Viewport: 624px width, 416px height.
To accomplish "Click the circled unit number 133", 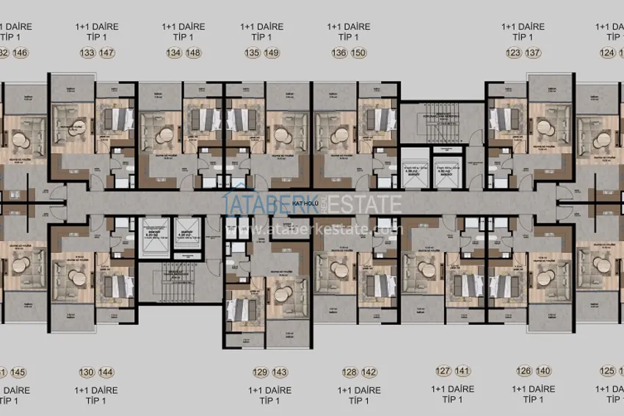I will click(x=87, y=53).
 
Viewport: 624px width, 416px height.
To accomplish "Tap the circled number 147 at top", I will click(x=107, y=53).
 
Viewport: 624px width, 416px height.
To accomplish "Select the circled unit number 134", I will click(x=173, y=53).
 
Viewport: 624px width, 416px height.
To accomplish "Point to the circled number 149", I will click(x=272, y=53).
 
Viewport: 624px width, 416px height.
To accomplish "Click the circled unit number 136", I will click(x=338, y=53).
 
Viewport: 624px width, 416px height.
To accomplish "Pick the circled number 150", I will click(x=358, y=53).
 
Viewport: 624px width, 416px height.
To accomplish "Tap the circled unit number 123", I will click(x=513, y=53).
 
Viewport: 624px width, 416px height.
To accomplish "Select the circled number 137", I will click(x=533, y=53).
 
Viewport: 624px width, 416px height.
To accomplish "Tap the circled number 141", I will click(x=462, y=371).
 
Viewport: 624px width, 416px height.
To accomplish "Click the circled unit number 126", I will click(x=523, y=371).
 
